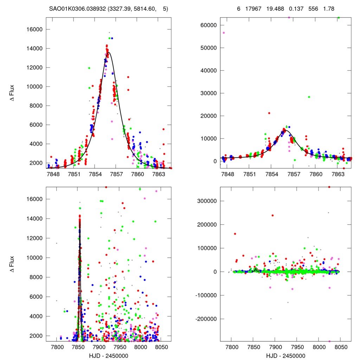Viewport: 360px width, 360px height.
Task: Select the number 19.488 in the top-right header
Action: [x=275, y=9]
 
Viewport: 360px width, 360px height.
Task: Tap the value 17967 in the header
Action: [x=253, y=9]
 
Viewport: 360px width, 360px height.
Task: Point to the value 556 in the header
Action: [x=313, y=9]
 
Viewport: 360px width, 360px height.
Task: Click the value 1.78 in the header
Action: [x=329, y=9]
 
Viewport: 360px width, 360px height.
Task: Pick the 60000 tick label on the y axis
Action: [x=208, y=25]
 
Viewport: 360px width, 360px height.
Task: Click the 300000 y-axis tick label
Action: [x=207, y=201]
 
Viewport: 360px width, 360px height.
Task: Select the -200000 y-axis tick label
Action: [x=206, y=319]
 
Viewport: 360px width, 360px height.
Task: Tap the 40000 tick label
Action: [x=208, y=71]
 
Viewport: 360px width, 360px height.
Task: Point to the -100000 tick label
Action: [x=206, y=295]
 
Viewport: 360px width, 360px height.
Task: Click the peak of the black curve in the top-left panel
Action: [x=109, y=52]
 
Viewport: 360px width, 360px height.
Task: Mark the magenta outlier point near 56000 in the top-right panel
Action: [x=224, y=33]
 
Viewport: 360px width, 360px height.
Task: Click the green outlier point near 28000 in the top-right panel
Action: [x=309, y=97]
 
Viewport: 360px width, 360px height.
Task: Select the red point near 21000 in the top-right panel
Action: [x=269, y=113]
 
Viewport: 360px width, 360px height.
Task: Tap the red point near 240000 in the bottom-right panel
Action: [x=272, y=216]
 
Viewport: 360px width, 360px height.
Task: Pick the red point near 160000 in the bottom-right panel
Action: [x=235, y=234]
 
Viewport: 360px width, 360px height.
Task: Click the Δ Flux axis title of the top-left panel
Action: [x=12, y=93]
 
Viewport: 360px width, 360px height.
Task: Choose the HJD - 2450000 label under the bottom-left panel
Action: [x=109, y=356]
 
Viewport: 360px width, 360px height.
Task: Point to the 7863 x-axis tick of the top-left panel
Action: [x=159, y=174]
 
